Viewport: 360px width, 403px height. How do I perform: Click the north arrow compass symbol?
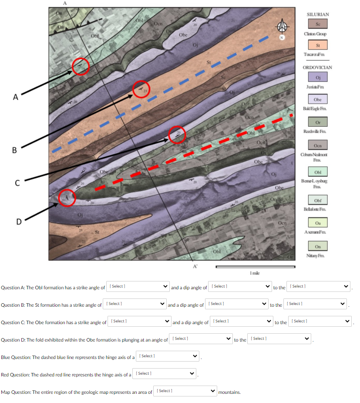[x=283, y=28]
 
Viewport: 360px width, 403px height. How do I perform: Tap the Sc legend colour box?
[x=318, y=24]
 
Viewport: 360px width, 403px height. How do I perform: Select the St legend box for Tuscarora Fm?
[x=318, y=44]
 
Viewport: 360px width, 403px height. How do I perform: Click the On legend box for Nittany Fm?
[x=318, y=247]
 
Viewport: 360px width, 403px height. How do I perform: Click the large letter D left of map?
[x=19, y=222]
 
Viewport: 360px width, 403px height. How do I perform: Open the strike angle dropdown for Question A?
[x=138, y=287]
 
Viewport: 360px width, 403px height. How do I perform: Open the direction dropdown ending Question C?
[x=320, y=322]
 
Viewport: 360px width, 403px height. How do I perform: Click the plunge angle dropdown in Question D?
[x=201, y=339]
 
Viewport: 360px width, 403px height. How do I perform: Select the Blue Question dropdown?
[x=168, y=356]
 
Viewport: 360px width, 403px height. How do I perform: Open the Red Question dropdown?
[x=165, y=374]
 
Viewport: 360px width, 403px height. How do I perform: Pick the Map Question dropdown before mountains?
[x=185, y=391]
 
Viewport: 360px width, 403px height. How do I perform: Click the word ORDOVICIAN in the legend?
[x=317, y=68]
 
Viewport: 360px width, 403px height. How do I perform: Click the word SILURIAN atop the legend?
[x=318, y=15]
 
